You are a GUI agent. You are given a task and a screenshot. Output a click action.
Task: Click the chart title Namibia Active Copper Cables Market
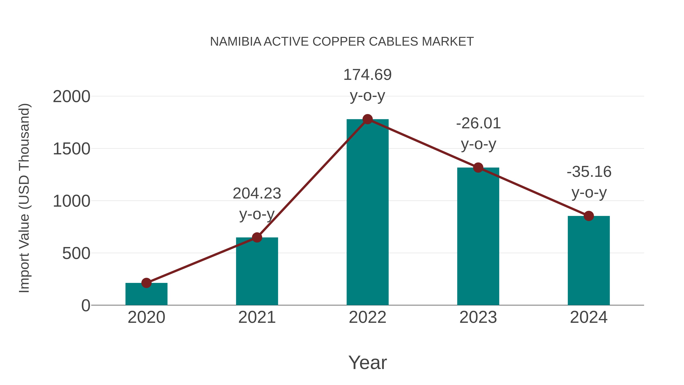pyautogui.click(x=342, y=42)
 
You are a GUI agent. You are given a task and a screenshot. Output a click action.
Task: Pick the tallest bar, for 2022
pyautogui.click(x=367, y=213)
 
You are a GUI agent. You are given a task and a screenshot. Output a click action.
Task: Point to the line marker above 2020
pyautogui.click(x=146, y=283)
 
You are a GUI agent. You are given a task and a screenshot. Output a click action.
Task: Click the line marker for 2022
pyautogui.click(x=367, y=119)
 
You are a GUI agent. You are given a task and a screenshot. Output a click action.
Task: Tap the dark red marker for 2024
pyautogui.click(x=589, y=216)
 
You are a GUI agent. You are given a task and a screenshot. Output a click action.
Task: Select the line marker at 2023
pyautogui.click(x=478, y=168)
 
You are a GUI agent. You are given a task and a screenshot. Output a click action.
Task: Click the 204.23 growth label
pyautogui.click(x=257, y=193)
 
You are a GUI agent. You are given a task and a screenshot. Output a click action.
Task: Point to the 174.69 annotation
pyautogui.click(x=367, y=75)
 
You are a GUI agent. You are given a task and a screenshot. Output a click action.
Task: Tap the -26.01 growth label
pyautogui.click(x=478, y=124)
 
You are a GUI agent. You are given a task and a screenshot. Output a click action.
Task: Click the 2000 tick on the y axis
pyautogui.click(x=72, y=97)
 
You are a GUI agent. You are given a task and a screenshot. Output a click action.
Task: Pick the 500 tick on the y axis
pyautogui.click(x=76, y=253)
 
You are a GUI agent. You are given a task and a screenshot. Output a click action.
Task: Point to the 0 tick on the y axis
pyautogui.click(x=86, y=306)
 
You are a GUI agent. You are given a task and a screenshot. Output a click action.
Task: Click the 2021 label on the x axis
pyautogui.click(x=257, y=318)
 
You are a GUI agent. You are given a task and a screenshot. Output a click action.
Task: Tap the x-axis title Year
pyautogui.click(x=367, y=363)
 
